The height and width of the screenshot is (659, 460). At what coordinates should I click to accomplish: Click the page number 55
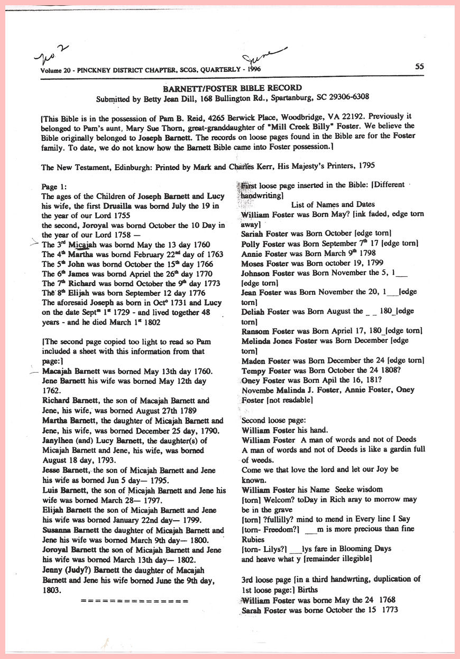click(x=419, y=67)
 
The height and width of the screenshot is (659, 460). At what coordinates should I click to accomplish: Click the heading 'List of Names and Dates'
click(x=333, y=204)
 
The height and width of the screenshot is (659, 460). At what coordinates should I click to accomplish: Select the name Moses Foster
click(x=261, y=263)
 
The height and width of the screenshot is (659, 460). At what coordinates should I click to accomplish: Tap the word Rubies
click(x=254, y=539)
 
